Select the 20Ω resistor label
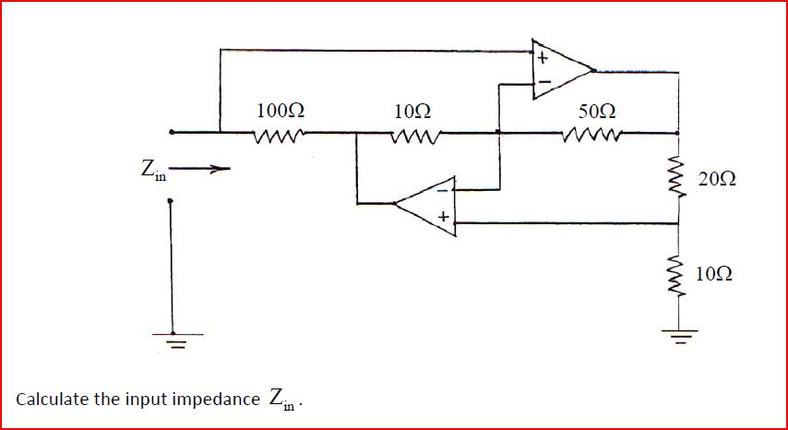pyautogui.click(x=717, y=178)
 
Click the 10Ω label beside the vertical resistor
pyautogui.click(x=717, y=274)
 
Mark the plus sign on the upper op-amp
pyautogui.click(x=543, y=59)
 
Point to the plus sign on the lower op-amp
pyautogui.click(x=444, y=218)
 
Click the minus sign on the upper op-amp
pyautogui.click(x=543, y=83)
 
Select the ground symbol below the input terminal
pyautogui.click(x=171, y=337)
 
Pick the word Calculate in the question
pyautogui.click(x=50, y=400)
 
